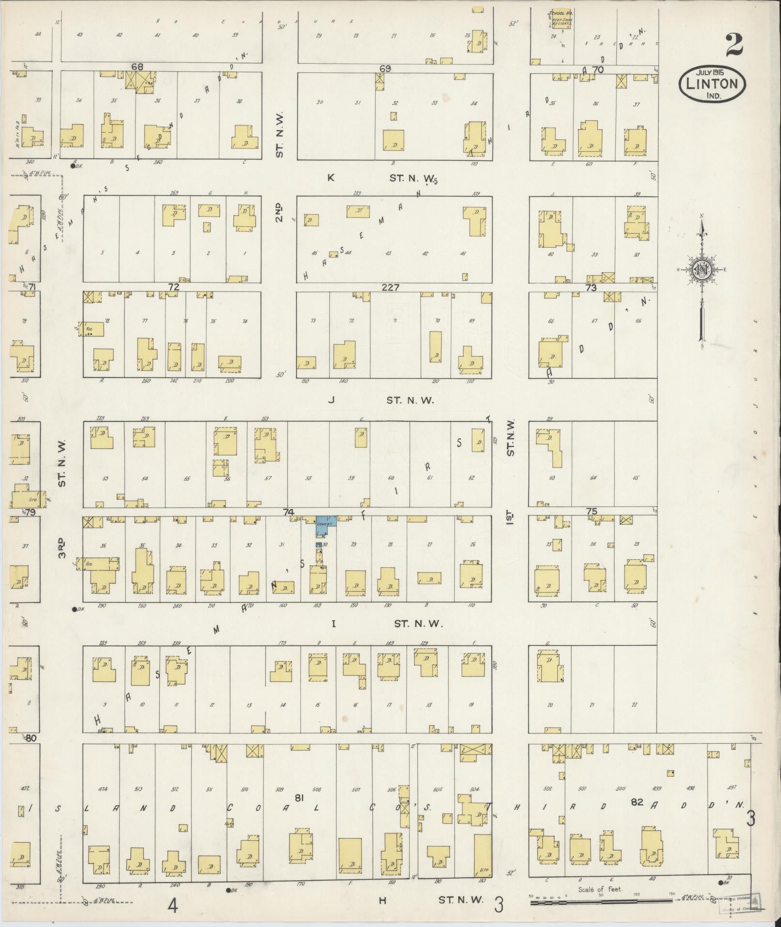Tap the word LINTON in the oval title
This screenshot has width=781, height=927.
pos(712,84)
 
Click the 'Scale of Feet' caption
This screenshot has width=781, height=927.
pos(600,890)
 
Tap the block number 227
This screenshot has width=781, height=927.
pos(390,287)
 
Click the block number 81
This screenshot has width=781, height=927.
pos(299,798)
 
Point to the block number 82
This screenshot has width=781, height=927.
pos(637,802)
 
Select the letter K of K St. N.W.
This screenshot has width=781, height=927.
pos(331,178)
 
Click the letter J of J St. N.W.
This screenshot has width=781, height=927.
pos(332,400)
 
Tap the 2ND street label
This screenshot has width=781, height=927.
pos(279,212)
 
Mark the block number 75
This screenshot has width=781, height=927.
pos(591,511)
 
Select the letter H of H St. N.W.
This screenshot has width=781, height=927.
pos(383,900)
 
